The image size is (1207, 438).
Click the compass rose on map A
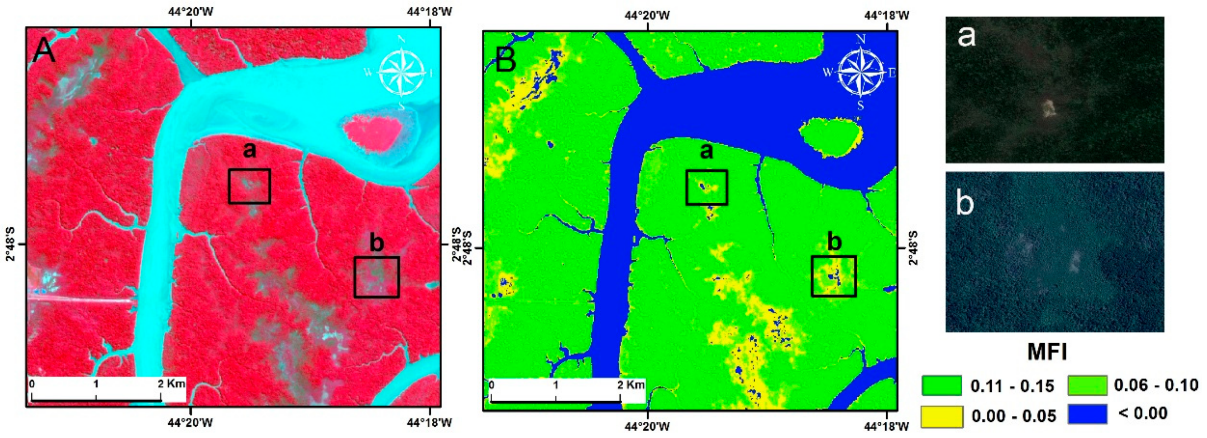(402, 72)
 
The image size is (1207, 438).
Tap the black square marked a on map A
(249, 186)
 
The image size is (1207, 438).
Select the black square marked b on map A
(377, 277)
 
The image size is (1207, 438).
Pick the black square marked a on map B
(707, 187)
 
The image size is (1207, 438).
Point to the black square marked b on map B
(834, 276)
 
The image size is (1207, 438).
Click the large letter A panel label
(43, 51)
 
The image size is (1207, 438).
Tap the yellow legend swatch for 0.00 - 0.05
(942, 416)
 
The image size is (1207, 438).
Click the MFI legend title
(1047, 352)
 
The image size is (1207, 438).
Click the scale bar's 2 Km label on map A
(171, 384)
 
